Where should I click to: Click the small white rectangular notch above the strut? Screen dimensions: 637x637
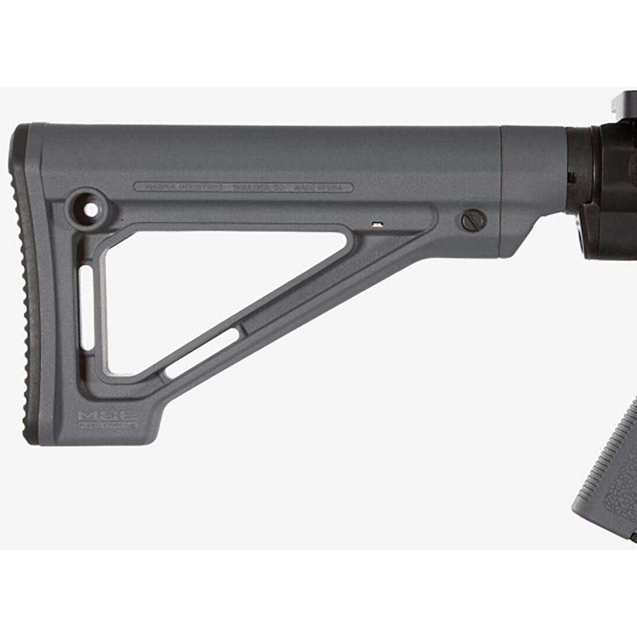point(377,223)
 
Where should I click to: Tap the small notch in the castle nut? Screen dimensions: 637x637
point(571,175)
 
